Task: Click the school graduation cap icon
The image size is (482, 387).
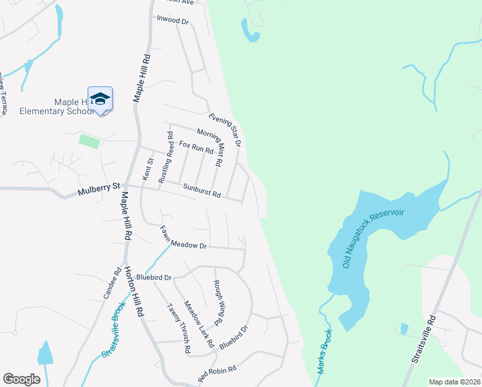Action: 100,99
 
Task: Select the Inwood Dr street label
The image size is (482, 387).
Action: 173,20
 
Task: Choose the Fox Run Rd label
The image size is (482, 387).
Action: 196,147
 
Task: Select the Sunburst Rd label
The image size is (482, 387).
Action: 202,191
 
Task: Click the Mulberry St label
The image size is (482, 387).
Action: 99,189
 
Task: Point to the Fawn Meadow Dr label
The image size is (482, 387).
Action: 183,237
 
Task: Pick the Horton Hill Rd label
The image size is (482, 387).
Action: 134,290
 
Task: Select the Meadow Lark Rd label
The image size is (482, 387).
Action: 198,324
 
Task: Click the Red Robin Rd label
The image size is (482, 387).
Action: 217,372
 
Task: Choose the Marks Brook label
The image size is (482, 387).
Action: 324,352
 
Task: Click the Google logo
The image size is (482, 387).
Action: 22,379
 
